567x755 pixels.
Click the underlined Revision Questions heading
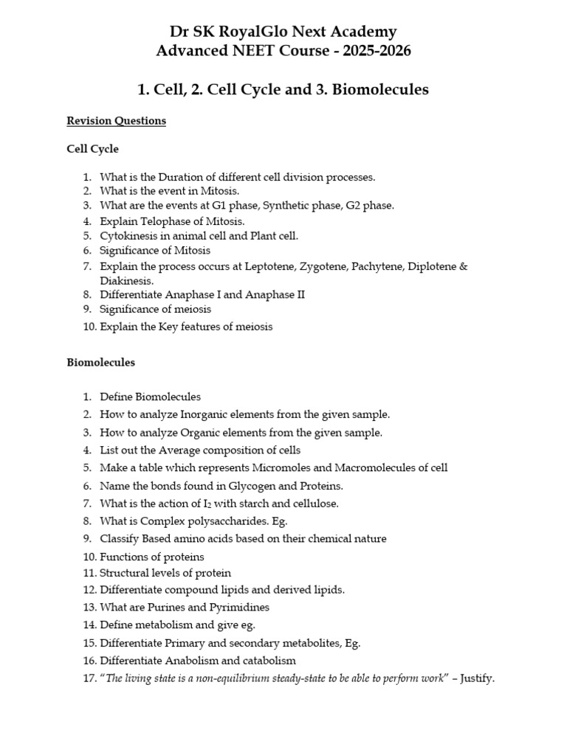[116, 121]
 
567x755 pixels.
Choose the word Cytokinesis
[128, 236]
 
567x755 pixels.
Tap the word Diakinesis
[127, 280]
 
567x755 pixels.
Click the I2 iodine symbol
[216, 504]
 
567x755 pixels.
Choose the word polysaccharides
[218, 521]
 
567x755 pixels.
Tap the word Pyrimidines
[238, 608]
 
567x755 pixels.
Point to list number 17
[88, 679]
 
